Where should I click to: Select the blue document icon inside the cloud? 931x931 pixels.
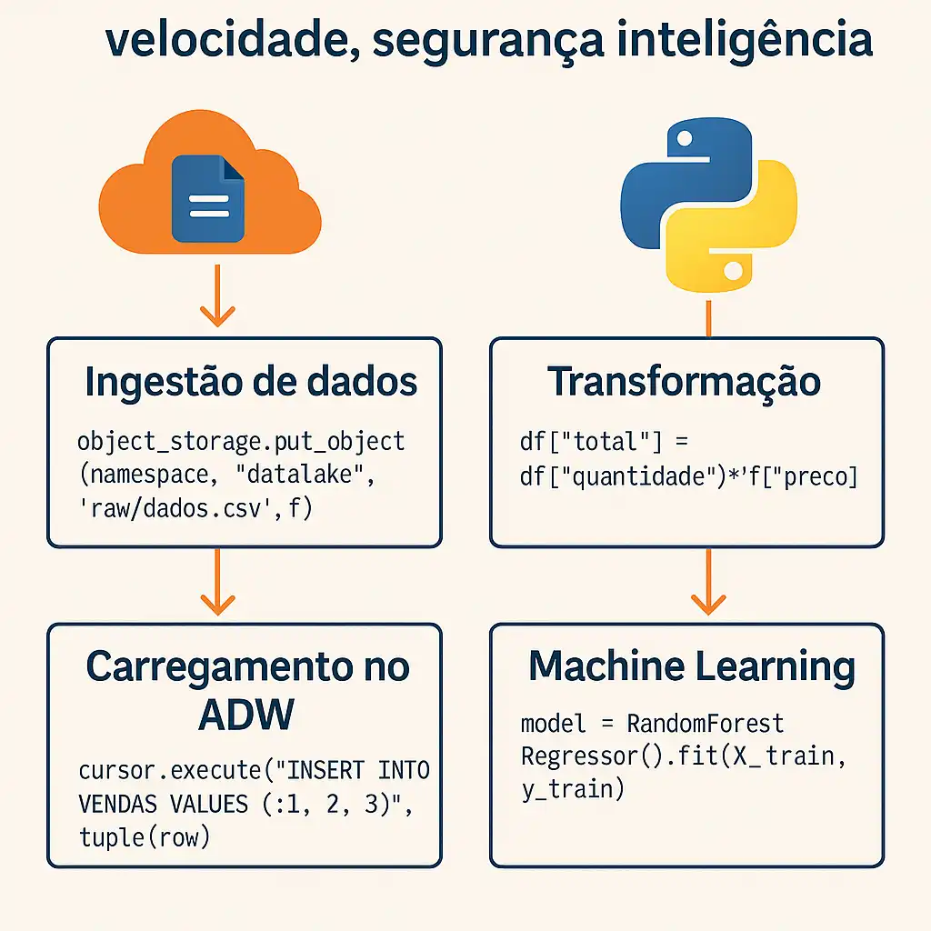tap(207, 198)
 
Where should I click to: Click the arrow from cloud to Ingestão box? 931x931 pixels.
tap(216, 295)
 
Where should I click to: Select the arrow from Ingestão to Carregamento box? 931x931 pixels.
tap(216, 582)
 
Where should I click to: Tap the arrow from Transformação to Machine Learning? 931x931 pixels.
tap(707, 582)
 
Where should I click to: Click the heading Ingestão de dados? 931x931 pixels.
tap(251, 383)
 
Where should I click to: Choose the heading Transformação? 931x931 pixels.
tap(684, 383)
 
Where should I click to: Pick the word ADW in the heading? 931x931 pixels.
tap(245, 716)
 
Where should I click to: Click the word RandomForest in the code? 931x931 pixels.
tap(706, 724)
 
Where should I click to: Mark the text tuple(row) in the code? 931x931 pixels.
tap(145, 836)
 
